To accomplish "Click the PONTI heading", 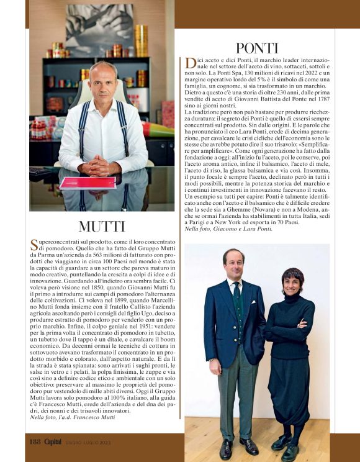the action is click(256, 48).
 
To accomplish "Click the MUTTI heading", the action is click(103, 227).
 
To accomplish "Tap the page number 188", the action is click(35, 442).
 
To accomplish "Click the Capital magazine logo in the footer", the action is click(56, 442).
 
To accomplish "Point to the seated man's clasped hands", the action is click(99, 166).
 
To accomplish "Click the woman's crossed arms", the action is click(295, 326).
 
